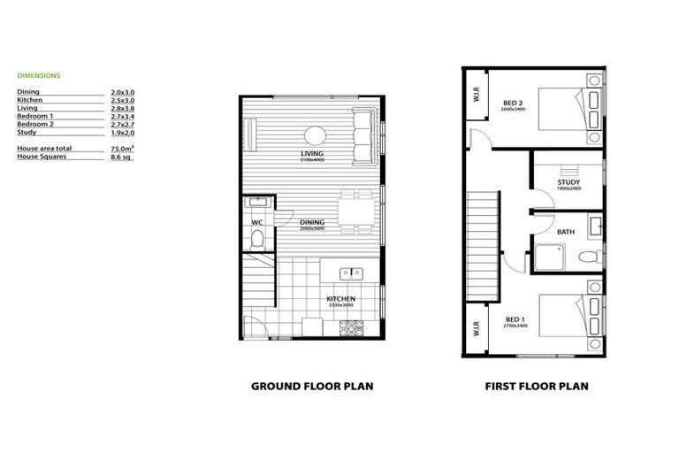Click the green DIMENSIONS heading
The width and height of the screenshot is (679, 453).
click(38, 76)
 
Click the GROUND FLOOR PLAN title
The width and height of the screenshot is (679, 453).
click(312, 387)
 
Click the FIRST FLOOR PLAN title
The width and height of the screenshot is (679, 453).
click(537, 387)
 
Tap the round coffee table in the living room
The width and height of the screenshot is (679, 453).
click(316, 135)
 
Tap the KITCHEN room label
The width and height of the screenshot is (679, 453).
click(340, 299)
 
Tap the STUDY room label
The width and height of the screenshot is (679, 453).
click(568, 182)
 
